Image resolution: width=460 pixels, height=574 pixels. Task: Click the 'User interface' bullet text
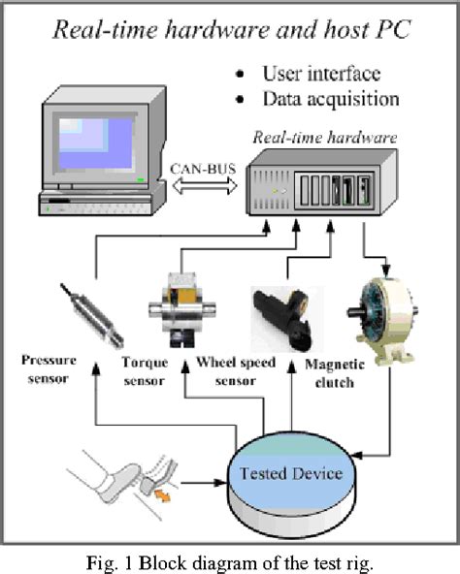coord(317,74)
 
